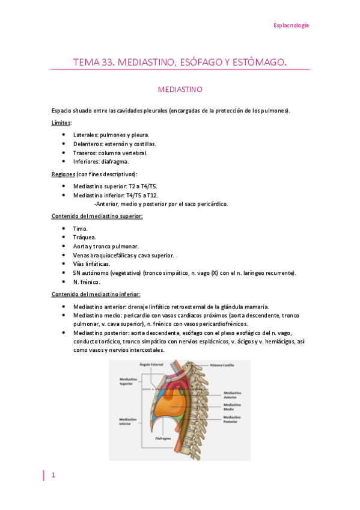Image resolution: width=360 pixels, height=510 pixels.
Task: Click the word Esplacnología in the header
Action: [291, 25]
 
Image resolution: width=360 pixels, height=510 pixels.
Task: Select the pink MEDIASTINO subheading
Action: [180, 89]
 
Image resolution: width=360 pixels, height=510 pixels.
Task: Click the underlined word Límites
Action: [61, 123]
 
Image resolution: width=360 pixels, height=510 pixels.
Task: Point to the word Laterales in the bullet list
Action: [85, 135]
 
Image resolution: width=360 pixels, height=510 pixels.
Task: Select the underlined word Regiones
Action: [63, 174]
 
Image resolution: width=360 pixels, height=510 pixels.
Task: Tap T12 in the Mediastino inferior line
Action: [151, 195]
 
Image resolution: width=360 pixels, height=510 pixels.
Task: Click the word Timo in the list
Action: [80, 229]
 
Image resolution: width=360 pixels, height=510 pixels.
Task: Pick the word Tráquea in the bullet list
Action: [84, 237]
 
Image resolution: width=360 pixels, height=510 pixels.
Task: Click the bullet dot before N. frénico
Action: [64, 281]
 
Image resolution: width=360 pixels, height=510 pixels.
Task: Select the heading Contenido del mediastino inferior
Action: [96, 294]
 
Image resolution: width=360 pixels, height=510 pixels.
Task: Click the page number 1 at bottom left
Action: [53, 476]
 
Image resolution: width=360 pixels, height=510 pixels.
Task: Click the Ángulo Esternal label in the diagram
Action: [151, 364]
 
